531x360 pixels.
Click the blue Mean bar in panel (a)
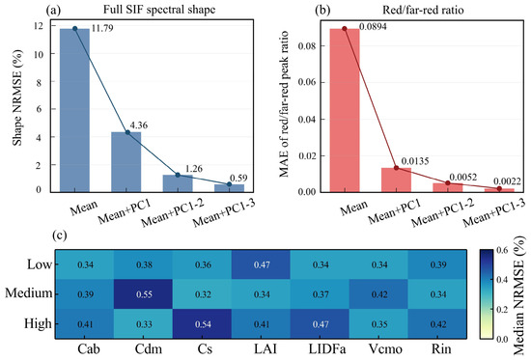tap(75, 110)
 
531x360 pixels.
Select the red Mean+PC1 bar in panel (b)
tap(396, 180)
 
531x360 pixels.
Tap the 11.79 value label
tap(102, 28)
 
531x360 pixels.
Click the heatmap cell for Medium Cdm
tap(144, 294)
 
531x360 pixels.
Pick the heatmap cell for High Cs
tap(202, 323)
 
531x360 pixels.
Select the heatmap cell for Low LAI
tap(261, 264)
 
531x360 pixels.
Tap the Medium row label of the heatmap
tap(29, 293)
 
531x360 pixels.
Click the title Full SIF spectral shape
tap(159, 9)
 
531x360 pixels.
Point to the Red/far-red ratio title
tap(423, 10)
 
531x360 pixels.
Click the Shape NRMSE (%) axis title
tap(17, 97)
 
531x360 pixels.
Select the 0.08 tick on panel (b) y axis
tap(307, 45)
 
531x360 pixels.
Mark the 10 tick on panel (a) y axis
tap(39, 54)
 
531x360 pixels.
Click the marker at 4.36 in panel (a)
tap(127, 132)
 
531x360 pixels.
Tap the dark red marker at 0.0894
tap(345, 29)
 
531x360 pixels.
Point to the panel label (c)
tap(60, 235)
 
